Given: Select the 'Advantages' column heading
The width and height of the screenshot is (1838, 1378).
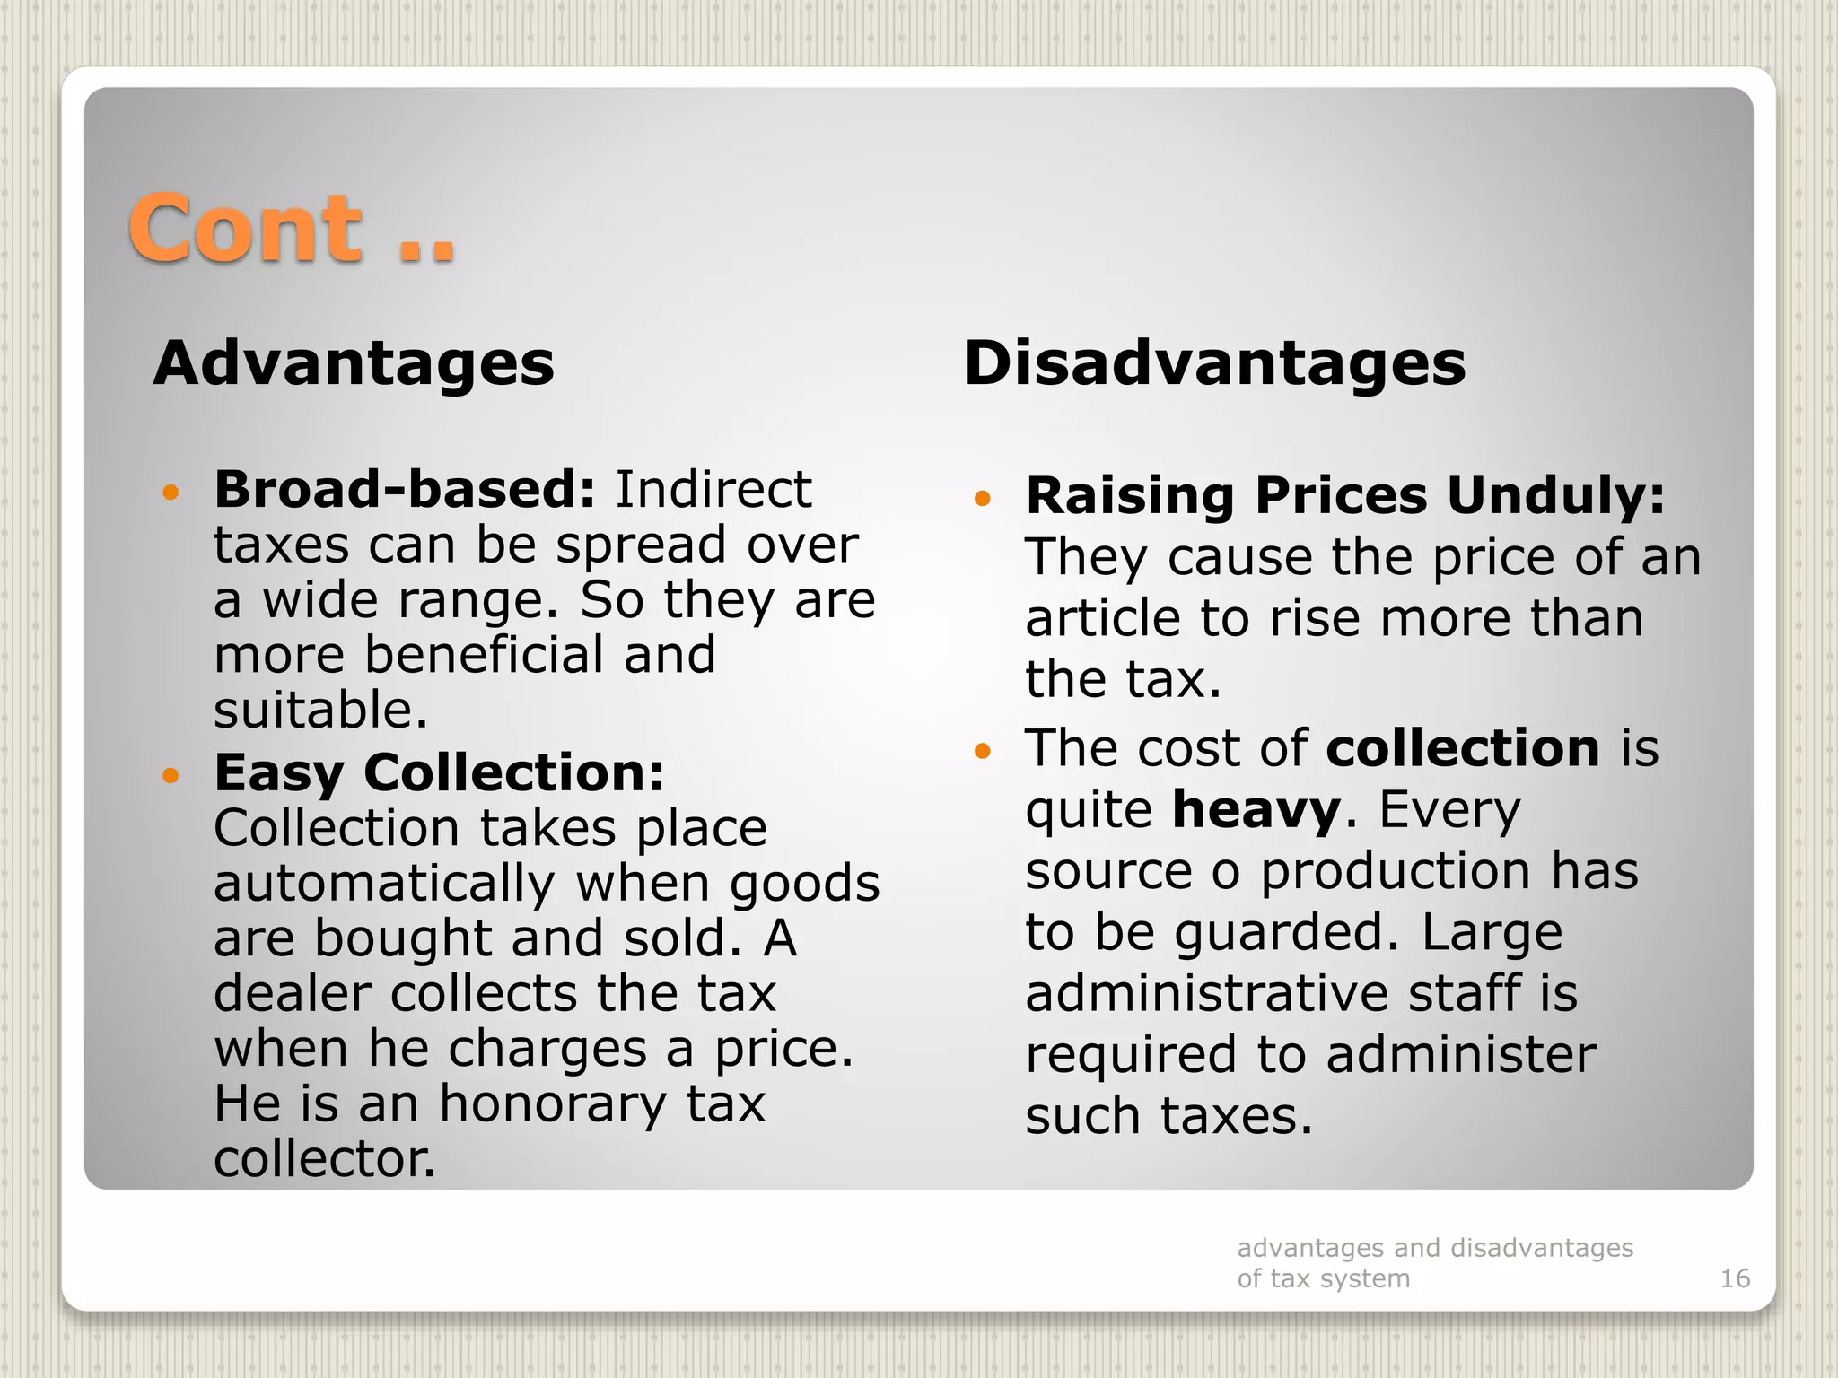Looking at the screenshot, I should [x=354, y=363].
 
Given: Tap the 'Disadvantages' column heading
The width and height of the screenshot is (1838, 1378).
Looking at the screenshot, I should [x=1214, y=363].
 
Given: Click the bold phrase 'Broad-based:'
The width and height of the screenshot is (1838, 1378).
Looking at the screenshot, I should [x=404, y=490].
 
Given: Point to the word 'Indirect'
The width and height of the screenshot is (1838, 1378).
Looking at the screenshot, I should [x=713, y=490].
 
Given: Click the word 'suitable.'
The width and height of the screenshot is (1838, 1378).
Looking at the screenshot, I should [x=320, y=710].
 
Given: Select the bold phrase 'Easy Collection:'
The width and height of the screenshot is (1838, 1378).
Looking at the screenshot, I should [x=439, y=772].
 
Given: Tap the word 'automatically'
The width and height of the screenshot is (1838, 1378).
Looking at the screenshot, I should [x=384, y=884].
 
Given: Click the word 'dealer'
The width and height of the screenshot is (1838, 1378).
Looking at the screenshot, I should [x=293, y=994].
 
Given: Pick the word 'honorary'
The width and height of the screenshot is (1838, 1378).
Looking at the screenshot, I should [x=552, y=1103].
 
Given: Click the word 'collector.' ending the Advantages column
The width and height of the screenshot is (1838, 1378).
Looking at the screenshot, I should [x=324, y=1159].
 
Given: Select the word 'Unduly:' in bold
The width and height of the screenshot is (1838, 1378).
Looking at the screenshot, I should [x=1555, y=495].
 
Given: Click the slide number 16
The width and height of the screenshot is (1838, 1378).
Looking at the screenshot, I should [x=1734, y=1278].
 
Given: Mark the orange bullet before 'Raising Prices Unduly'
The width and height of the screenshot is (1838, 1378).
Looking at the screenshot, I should [x=983, y=498].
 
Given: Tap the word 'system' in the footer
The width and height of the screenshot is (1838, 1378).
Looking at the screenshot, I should [x=1370, y=1278].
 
